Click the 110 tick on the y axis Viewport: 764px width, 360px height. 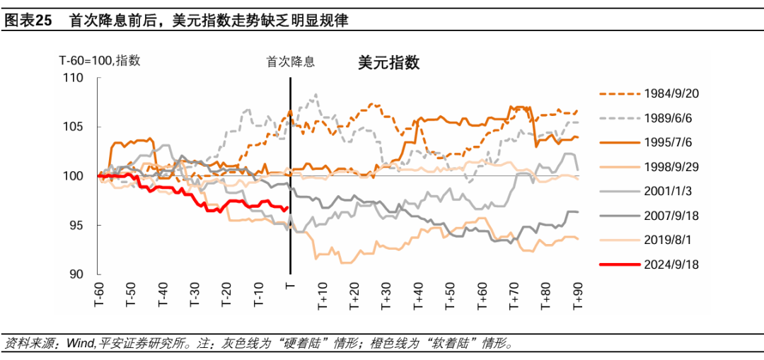(74, 78)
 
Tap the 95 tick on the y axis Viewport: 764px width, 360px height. (76, 226)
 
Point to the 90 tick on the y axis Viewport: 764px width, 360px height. (76, 274)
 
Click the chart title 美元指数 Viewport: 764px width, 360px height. (388, 63)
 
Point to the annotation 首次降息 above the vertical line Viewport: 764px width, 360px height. (290, 62)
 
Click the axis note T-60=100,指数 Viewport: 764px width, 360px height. (99, 61)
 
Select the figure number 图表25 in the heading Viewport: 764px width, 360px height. (28, 21)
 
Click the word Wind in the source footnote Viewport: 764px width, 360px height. (80, 344)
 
